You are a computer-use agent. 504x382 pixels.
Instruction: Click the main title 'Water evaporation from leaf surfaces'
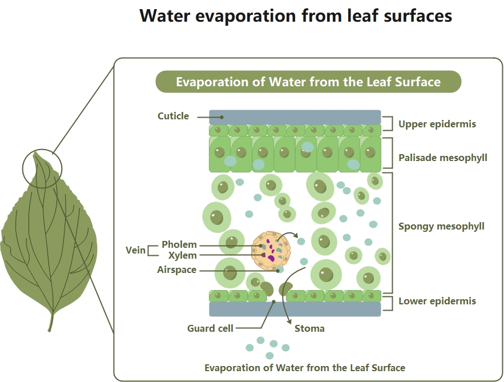(296, 16)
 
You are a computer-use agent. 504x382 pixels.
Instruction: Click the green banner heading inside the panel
(308, 82)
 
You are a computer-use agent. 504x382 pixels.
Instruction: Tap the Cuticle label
(173, 116)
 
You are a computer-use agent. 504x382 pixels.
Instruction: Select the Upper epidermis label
(437, 124)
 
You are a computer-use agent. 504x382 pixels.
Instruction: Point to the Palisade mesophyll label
(442, 158)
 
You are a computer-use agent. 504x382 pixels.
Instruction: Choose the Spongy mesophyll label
(441, 226)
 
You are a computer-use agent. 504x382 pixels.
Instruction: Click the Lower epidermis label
(437, 301)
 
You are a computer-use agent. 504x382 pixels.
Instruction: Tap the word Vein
(135, 250)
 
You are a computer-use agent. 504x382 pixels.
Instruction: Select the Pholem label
(179, 245)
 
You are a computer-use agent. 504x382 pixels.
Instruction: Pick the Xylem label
(182, 255)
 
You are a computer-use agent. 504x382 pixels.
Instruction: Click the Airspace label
(176, 270)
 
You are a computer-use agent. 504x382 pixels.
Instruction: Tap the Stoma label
(309, 328)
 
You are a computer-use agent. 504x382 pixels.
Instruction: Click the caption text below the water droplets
(305, 368)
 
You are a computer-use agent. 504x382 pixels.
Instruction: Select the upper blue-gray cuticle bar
(295, 116)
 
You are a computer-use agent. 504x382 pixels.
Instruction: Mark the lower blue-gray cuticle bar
(295, 309)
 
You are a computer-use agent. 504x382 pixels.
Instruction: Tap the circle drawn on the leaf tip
(42, 170)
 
